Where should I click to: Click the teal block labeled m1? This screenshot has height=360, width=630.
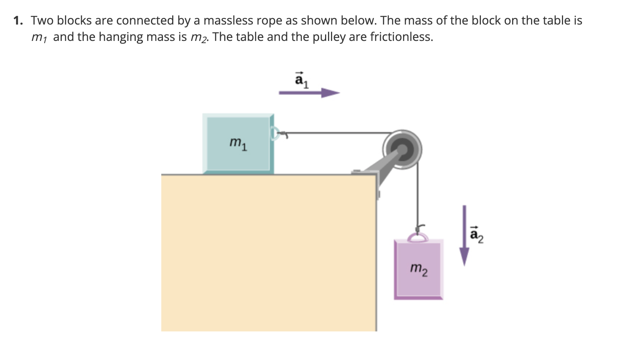[238, 143]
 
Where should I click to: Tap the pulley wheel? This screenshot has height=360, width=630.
[402, 150]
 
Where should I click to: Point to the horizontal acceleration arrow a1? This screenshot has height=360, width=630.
[309, 93]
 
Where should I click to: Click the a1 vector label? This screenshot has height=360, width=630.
[302, 80]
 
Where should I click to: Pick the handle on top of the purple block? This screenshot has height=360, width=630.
[418, 237]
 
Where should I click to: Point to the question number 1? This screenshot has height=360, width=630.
[18, 21]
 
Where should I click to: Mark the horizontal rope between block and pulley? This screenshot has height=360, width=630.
[335, 132]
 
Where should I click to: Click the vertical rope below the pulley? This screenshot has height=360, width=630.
[418, 193]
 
